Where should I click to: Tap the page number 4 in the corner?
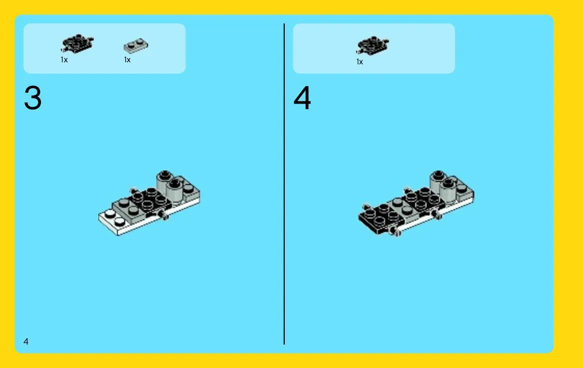[25, 341]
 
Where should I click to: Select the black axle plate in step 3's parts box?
[77, 43]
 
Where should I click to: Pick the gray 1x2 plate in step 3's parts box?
[136, 45]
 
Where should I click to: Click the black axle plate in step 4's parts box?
[373, 45]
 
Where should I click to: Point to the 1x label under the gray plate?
[127, 59]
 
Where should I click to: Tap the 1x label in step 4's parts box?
[360, 62]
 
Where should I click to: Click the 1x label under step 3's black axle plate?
[64, 59]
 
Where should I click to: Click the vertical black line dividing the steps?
[284, 184]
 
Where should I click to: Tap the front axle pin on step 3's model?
[164, 214]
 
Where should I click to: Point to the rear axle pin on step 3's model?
[134, 190]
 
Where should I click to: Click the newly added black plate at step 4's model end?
[379, 219]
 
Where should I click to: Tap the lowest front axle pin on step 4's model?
[395, 231]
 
